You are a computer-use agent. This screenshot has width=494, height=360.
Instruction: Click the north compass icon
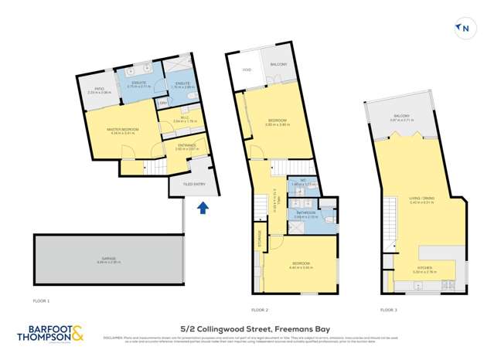465,29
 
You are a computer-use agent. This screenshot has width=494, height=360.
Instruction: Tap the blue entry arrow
203,207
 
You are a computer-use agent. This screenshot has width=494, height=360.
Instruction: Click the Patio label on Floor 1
99,89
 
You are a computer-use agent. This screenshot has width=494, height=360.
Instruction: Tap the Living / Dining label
421,199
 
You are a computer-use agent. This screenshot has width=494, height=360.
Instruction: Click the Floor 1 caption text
41,300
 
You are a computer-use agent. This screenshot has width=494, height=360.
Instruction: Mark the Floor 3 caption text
390,309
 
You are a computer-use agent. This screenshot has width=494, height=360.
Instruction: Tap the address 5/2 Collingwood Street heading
246,329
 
